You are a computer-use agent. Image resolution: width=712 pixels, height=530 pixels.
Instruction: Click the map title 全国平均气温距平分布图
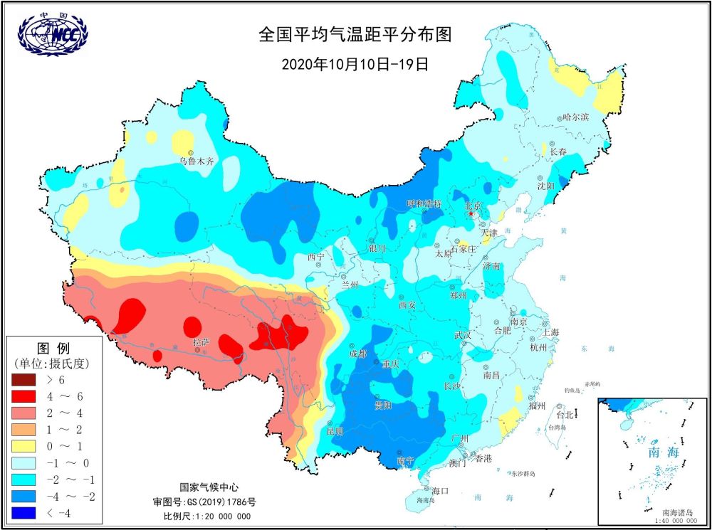click(x=355, y=35)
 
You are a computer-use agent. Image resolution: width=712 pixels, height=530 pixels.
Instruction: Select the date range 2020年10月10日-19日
click(x=355, y=64)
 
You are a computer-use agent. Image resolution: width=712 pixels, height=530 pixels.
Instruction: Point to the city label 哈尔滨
click(x=575, y=117)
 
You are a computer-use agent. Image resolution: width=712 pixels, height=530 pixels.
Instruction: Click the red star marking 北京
click(x=471, y=213)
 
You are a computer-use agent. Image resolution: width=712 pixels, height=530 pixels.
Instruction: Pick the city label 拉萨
click(x=202, y=343)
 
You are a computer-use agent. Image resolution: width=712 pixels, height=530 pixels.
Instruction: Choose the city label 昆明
click(x=335, y=431)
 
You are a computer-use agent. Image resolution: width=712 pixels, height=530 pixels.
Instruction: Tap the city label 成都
click(x=358, y=354)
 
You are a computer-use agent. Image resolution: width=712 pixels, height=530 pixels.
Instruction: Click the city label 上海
click(x=550, y=332)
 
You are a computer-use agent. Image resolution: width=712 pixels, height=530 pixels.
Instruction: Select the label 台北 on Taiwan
click(x=565, y=414)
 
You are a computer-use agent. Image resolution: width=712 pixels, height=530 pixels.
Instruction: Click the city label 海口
click(x=441, y=491)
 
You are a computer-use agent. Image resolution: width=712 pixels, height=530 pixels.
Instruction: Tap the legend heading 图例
click(x=53, y=349)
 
